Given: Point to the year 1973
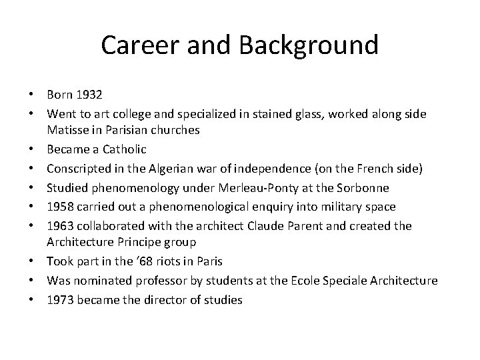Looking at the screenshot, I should pyautogui.click(x=60, y=299).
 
